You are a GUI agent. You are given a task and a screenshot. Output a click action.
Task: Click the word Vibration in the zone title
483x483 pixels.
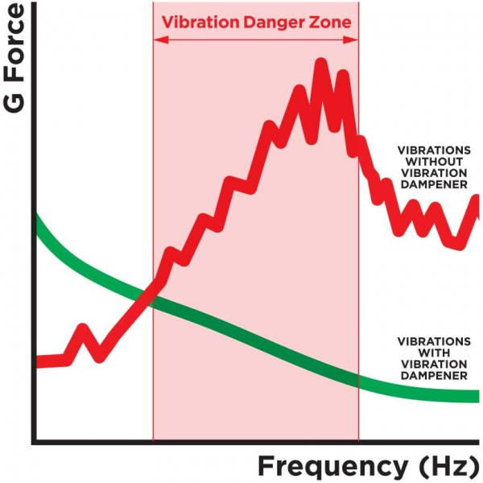pyautogui.click(x=196, y=22)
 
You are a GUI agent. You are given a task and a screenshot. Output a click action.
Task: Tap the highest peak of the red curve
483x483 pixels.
pyautogui.click(x=321, y=63)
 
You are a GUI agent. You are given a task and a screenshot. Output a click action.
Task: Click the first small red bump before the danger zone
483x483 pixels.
pyautogui.click(x=82, y=329)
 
